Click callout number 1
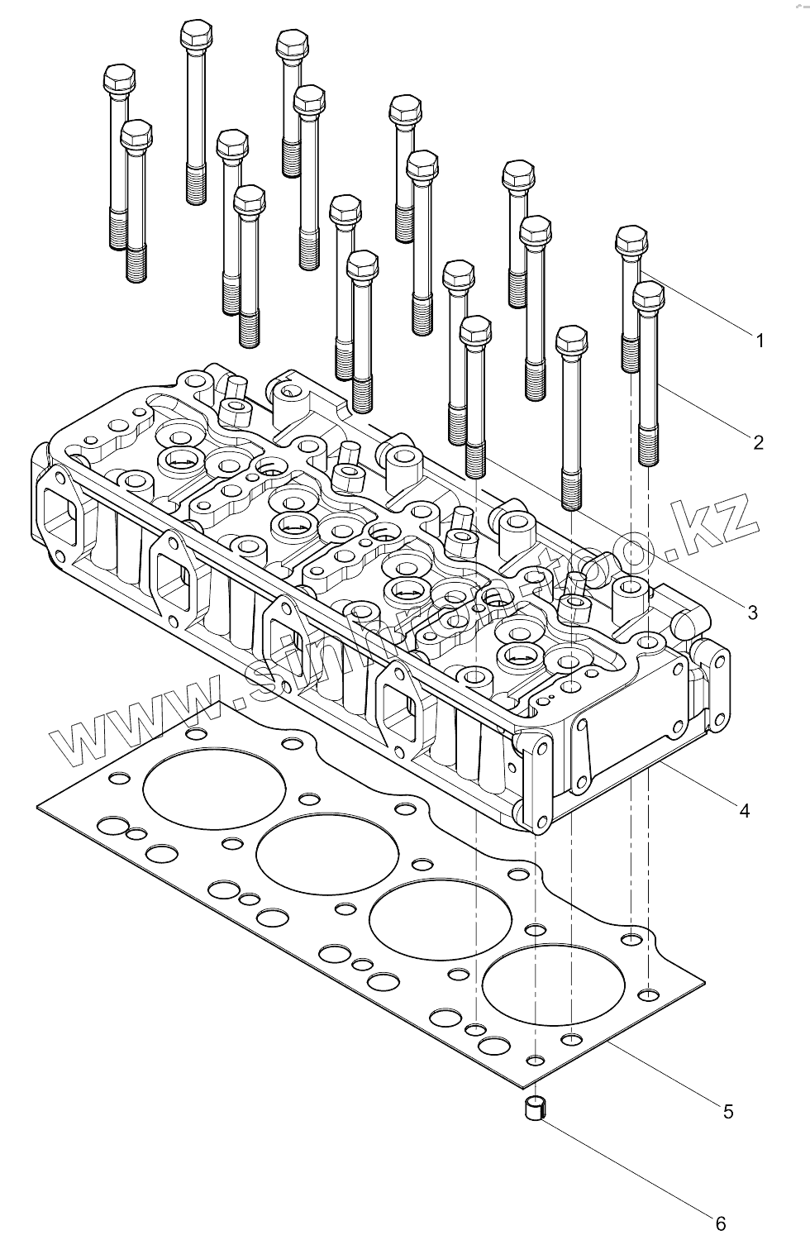tap(759, 340)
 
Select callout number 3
tap(751, 613)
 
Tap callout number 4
tap(744, 811)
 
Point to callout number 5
tap(727, 1112)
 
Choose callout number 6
tap(720, 1223)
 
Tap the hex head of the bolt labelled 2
tap(648, 296)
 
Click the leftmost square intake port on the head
tap(60, 513)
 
